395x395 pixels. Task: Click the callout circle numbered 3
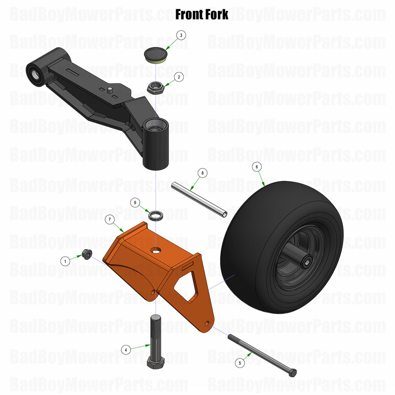[181, 35]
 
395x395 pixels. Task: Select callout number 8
[203, 173]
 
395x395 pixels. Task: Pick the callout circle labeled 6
[256, 166]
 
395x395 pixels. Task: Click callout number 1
[64, 261]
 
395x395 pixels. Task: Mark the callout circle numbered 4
[126, 350]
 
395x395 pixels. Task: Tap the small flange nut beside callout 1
[86, 254]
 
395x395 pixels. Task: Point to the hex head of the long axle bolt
[293, 372]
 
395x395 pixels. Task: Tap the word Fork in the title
[214, 15]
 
